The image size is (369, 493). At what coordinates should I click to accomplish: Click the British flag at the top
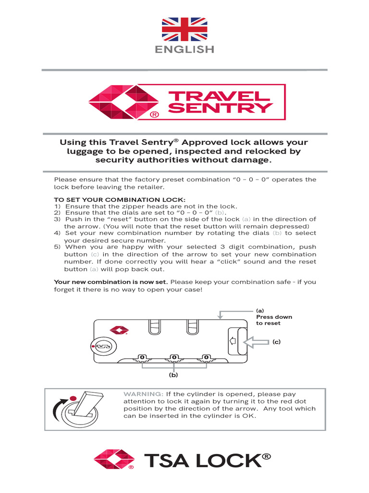pyautogui.click(x=184, y=28)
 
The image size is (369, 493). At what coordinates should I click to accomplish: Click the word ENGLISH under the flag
pyautogui.click(x=184, y=49)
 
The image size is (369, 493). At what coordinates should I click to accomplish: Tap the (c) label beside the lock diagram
pyautogui.click(x=276, y=341)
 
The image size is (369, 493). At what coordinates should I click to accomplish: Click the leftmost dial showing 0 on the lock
pyautogui.click(x=142, y=357)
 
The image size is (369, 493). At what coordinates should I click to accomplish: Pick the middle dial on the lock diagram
pyautogui.click(x=174, y=357)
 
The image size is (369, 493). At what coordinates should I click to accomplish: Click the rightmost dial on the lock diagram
pyautogui.click(x=206, y=357)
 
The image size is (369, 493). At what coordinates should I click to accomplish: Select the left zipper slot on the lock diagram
pyautogui.click(x=154, y=327)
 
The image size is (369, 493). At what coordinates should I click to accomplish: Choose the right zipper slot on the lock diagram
pyautogui.click(x=192, y=327)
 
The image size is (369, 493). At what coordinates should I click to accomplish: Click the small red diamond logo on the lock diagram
pyautogui.click(x=119, y=330)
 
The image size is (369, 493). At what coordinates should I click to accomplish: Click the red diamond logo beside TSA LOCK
pyautogui.click(x=114, y=459)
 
